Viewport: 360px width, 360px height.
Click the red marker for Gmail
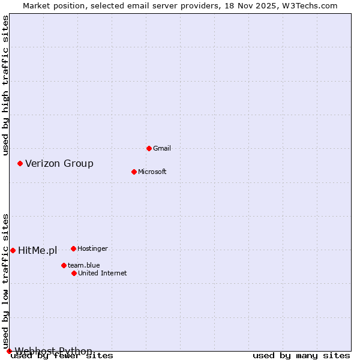click(x=149, y=148)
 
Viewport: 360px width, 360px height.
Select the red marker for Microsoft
click(x=134, y=172)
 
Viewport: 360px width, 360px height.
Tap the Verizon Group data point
click(x=20, y=163)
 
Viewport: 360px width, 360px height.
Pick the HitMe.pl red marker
click(x=13, y=250)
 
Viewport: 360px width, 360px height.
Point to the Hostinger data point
click(x=73, y=248)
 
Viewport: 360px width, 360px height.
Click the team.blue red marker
click(x=64, y=265)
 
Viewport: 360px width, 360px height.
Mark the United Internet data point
click(x=74, y=273)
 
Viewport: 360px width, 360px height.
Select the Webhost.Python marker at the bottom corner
click(x=9, y=351)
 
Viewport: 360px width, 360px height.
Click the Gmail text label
click(x=162, y=148)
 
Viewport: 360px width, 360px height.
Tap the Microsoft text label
click(x=152, y=172)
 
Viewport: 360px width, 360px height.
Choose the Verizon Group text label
click(x=59, y=163)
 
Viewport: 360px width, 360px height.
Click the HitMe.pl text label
click(x=37, y=250)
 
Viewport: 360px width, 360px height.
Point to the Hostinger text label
click(x=92, y=248)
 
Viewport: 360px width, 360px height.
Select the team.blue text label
click(x=83, y=265)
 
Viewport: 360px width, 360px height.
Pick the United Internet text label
click(x=102, y=273)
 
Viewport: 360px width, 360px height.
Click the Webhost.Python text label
click(x=53, y=351)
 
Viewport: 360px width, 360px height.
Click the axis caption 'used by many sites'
click(x=301, y=355)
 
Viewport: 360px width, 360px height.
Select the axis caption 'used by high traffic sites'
click(x=5, y=86)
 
